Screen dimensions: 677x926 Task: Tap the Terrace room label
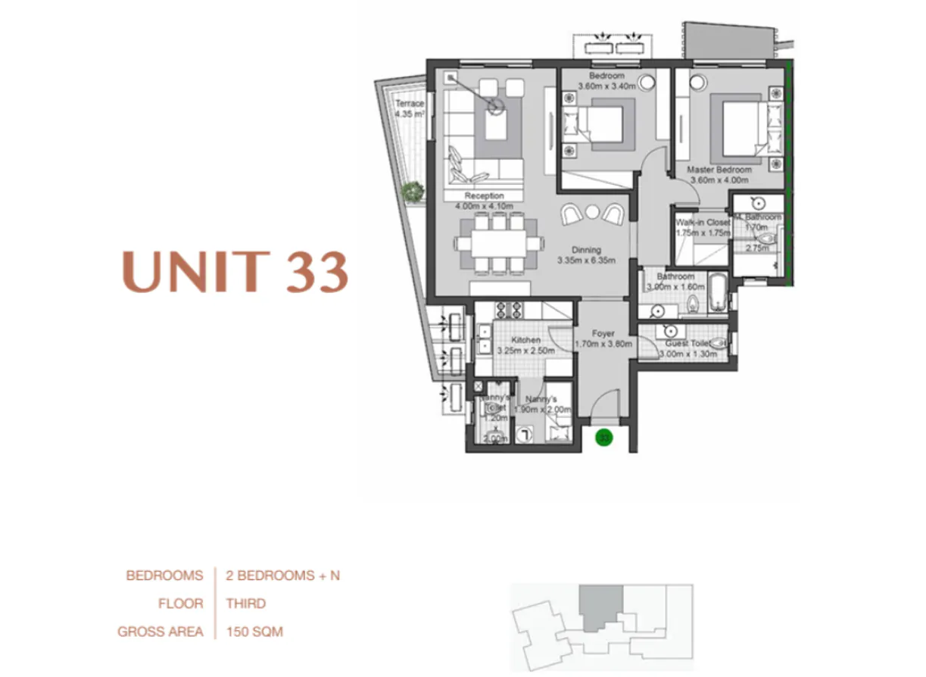(x=408, y=104)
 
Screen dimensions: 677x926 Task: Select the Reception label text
(x=484, y=196)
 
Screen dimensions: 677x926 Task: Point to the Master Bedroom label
(x=719, y=170)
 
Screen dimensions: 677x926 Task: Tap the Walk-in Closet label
(x=703, y=223)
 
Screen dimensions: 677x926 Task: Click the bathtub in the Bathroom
(x=718, y=293)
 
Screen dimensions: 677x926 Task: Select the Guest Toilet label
(x=687, y=343)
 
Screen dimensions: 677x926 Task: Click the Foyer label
(x=603, y=333)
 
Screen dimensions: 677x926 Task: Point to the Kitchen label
(x=525, y=340)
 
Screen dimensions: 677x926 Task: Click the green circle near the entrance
(x=603, y=437)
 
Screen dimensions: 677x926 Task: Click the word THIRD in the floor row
(x=246, y=604)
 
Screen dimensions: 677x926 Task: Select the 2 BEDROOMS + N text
(x=283, y=576)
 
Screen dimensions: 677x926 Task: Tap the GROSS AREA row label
(x=161, y=631)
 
